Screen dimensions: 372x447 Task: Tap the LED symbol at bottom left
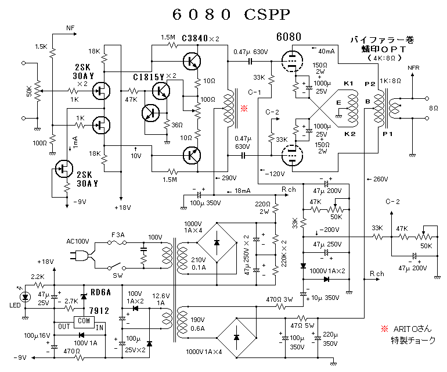(25, 296)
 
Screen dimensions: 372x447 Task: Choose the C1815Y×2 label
(154, 76)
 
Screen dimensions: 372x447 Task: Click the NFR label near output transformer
(413, 67)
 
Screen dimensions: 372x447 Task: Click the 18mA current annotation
(244, 191)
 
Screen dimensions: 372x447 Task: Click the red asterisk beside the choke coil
(244, 109)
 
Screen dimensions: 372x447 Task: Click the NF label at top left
(70, 27)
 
